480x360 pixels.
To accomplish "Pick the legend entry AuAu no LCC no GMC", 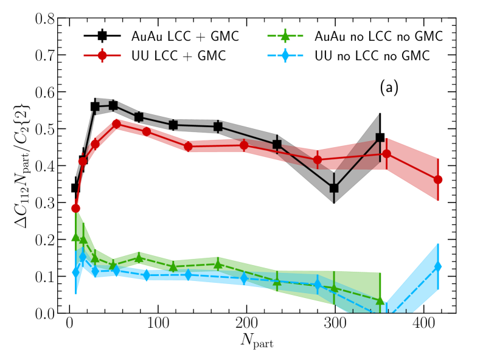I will pyautogui.click(x=371, y=36).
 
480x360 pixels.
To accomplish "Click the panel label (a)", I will pyautogui.click(x=388, y=88).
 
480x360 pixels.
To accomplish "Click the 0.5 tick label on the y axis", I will pyautogui.click(x=48, y=129).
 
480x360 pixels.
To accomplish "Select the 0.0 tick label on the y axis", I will pyautogui.click(x=48, y=313).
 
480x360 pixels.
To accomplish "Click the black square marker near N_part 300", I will pyautogui.click(x=334, y=188).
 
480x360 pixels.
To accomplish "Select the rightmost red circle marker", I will pyautogui.click(x=437, y=179).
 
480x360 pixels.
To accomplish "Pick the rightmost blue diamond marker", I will pyautogui.click(x=437, y=266).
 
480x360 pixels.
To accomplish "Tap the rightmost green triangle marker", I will pyautogui.click(x=380, y=300).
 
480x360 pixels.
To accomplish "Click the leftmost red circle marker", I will pyautogui.click(x=75, y=208).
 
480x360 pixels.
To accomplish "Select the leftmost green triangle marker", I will pyautogui.click(x=75, y=237).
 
